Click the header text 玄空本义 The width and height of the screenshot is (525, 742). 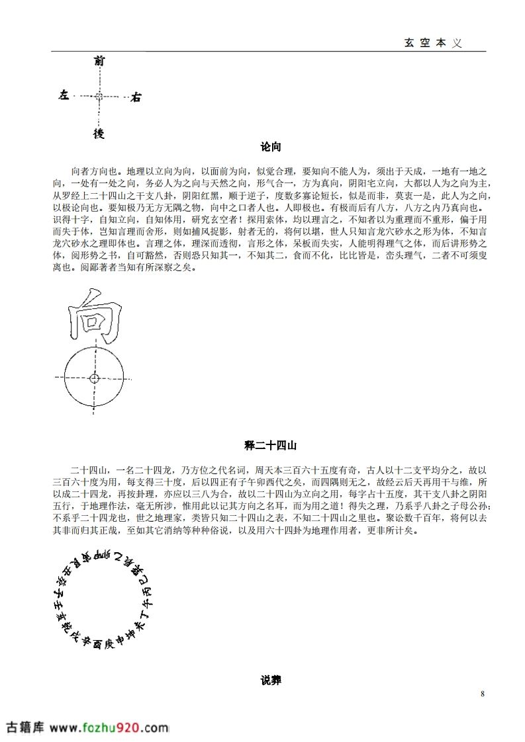pos(432,42)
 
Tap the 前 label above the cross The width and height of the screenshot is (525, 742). pos(99,62)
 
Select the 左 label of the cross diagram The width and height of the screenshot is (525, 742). pos(64,96)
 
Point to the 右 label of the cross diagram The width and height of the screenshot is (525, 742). pos(135,97)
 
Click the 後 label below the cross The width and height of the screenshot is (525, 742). pos(99,134)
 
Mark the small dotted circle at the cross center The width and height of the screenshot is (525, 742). pos(99,97)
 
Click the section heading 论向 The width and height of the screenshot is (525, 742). pos(271,146)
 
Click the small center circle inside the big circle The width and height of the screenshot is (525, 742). pos(94,379)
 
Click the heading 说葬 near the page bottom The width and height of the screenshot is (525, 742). pos(271,680)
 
